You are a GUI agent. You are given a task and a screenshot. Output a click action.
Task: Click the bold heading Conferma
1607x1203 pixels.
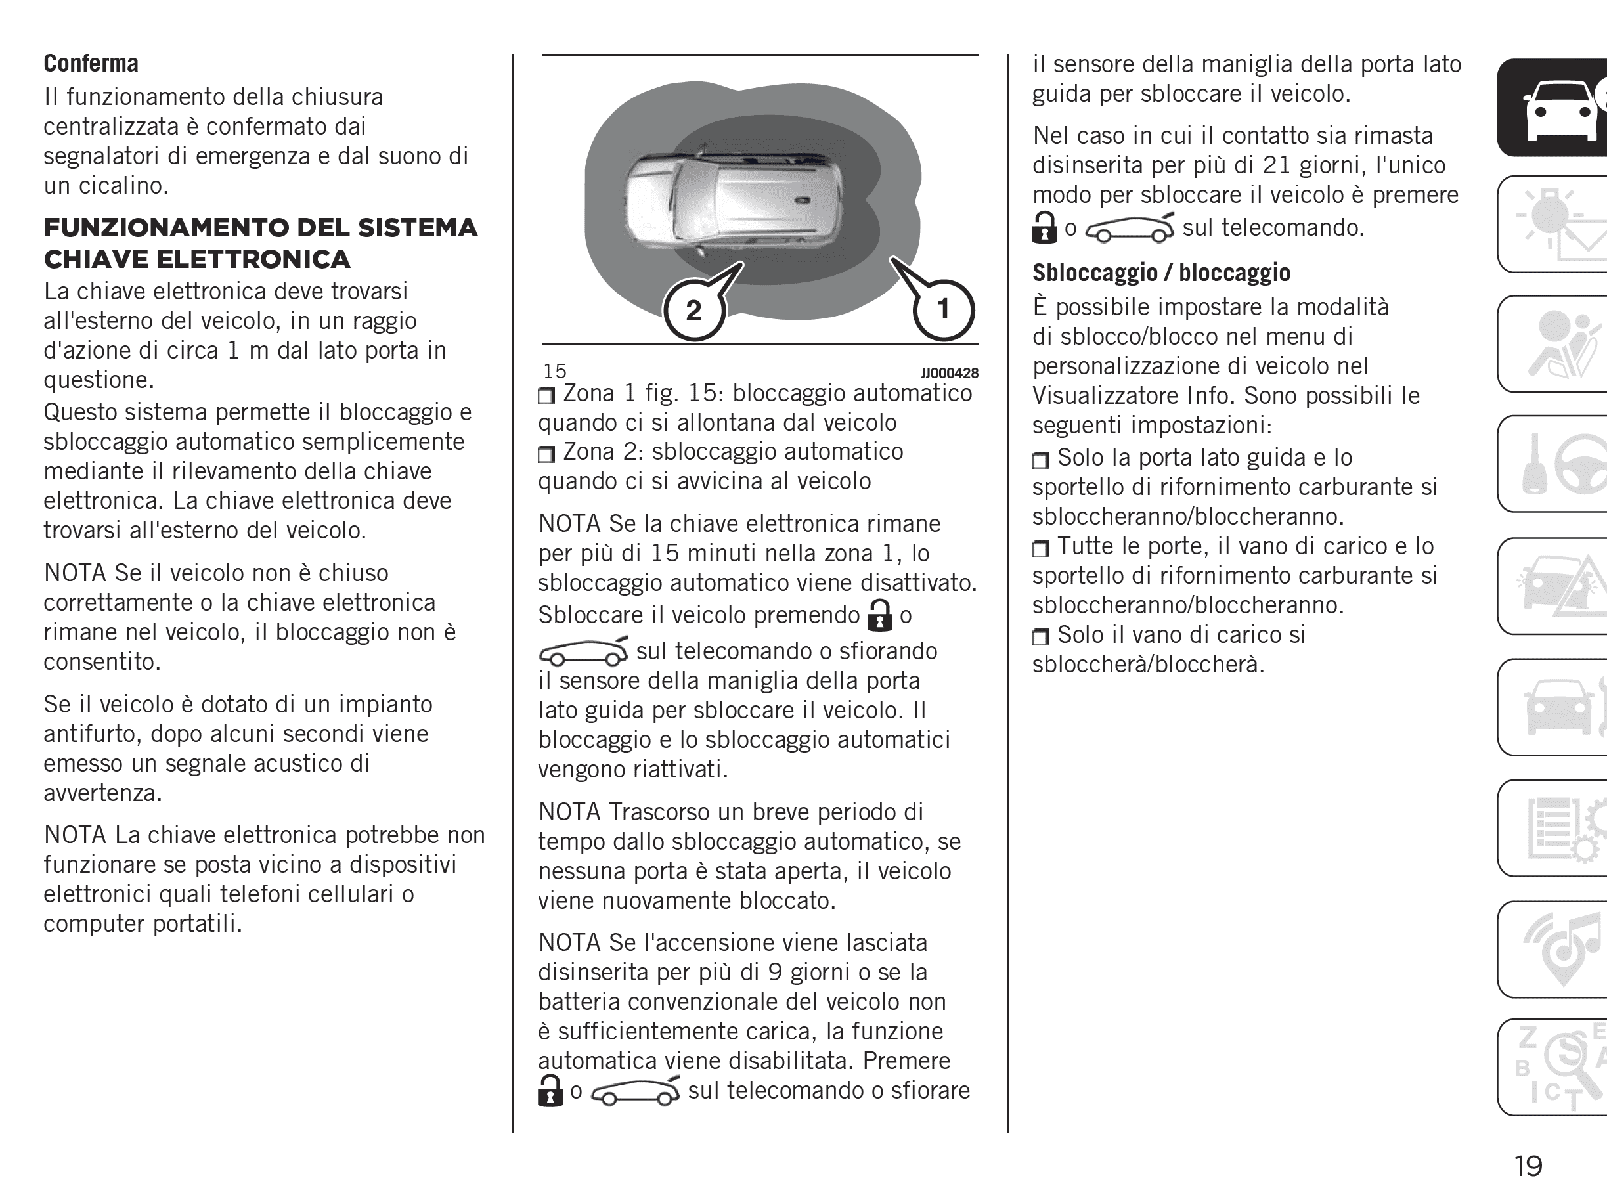point(91,64)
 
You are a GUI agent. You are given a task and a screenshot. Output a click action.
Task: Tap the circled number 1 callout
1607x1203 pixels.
point(943,310)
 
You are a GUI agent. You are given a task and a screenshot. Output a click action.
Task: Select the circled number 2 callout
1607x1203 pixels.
point(693,311)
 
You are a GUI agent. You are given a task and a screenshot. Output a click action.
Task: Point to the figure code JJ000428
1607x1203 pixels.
point(949,374)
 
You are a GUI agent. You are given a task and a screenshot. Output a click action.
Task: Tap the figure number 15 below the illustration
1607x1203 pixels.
point(554,371)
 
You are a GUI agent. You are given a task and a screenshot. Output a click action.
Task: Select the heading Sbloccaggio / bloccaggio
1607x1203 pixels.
point(1161,273)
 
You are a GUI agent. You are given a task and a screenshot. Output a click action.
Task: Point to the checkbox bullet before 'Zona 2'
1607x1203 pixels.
point(546,454)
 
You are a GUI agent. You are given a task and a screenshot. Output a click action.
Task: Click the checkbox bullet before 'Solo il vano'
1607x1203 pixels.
point(1040,637)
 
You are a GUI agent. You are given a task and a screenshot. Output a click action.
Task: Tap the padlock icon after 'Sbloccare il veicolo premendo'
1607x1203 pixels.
point(880,615)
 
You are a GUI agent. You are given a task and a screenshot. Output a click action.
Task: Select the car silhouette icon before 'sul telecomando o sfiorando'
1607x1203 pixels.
point(583,651)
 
